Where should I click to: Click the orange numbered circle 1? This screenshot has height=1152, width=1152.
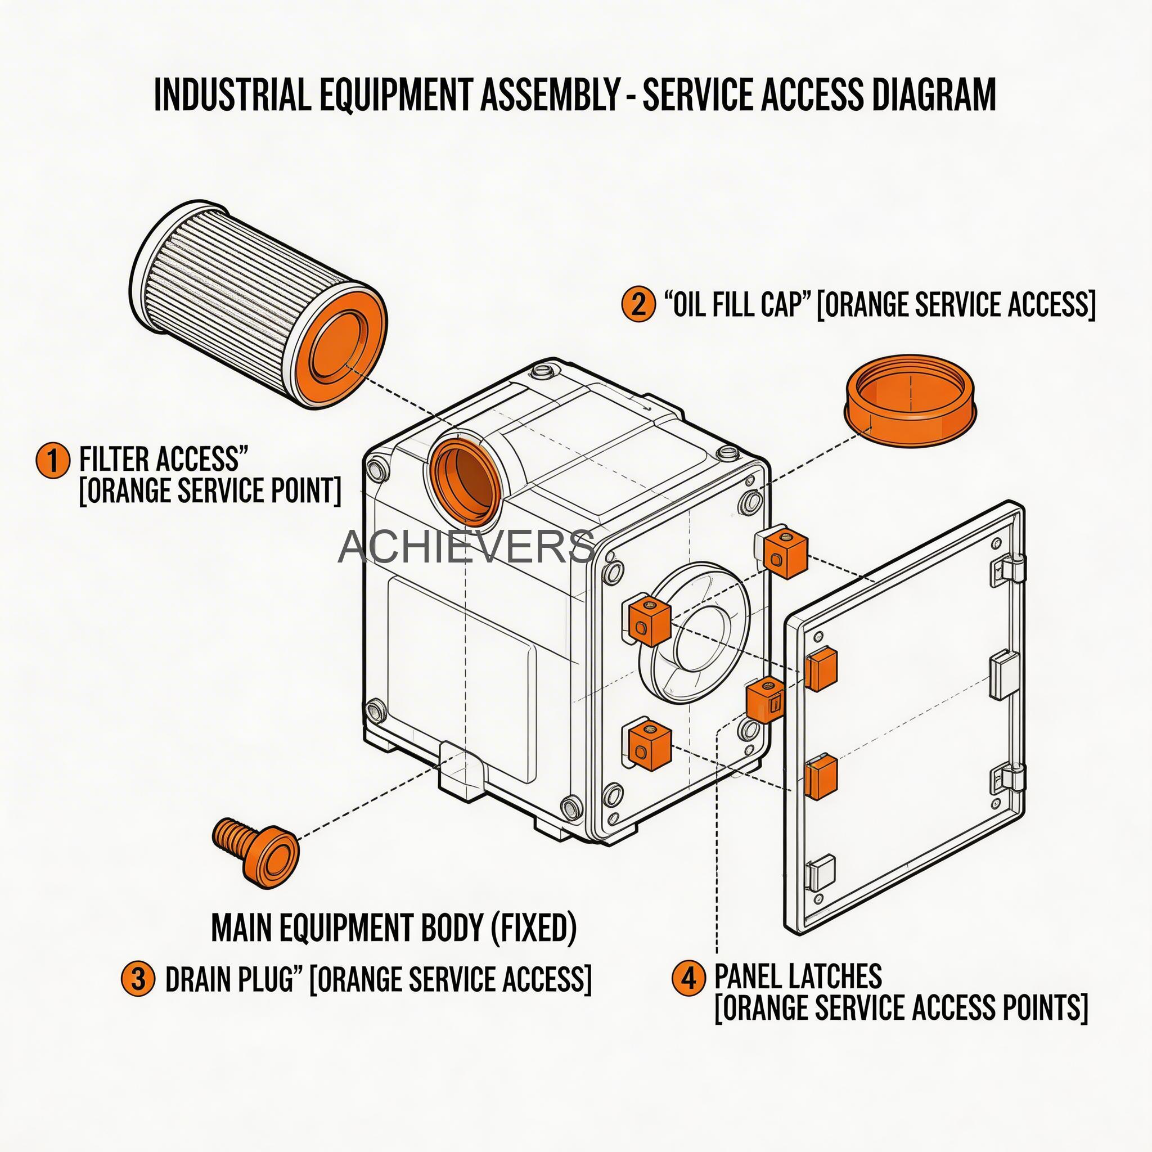pyautogui.click(x=52, y=460)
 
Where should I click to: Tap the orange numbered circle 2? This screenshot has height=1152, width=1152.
pyautogui.click(x=637, y=305)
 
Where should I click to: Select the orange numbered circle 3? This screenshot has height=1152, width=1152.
pyautogui.click(x=138, y=979)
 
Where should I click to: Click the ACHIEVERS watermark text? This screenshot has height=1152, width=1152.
pyautogui.click(x=466, y=547)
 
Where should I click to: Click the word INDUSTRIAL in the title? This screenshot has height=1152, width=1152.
pyautogui.click(x=232, y=94)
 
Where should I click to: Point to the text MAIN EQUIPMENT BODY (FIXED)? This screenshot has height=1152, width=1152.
pyautogui.click(x=394, y=927)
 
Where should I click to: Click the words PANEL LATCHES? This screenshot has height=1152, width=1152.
pyautogui.click(x=798, y=976)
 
